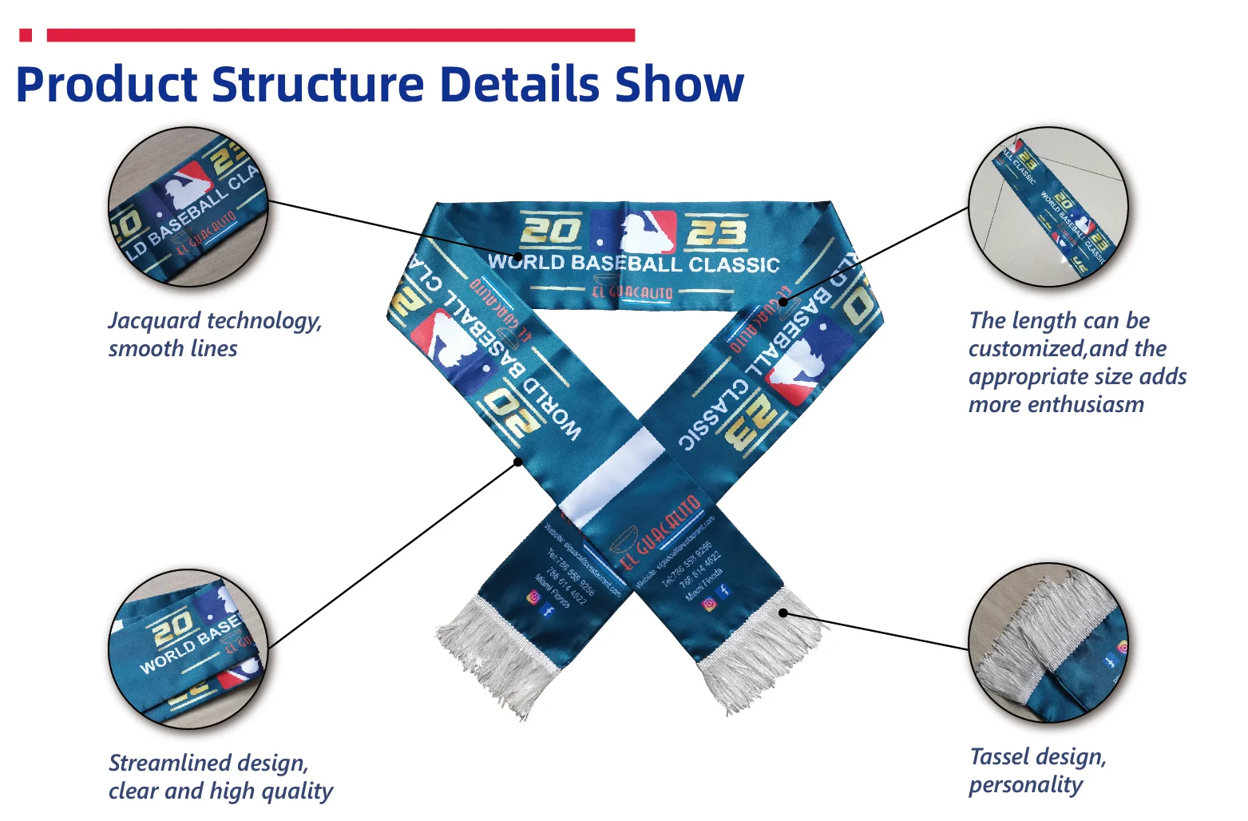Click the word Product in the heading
click(x=107, y=85)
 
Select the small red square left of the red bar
click(x=26, y=35)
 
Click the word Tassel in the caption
click(x=999, y=757)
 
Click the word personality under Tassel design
click(x=1026, y=785)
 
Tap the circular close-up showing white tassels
click(x=1048, y=643)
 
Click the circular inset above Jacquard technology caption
click(x=188, y=206)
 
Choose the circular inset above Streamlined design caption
click(x=188, y=648)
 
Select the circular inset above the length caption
click(x=1048, y=206)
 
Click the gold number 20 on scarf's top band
click(x=551, y=231)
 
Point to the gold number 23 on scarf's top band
click(x=716, y=233)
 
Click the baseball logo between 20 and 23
click(x=636, y=232)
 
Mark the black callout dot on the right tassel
click(x=783, y=613)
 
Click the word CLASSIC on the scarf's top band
click(x=734, y=265)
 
